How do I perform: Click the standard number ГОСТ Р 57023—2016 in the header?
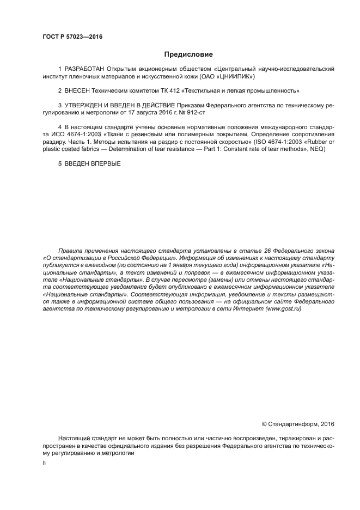point(72,37)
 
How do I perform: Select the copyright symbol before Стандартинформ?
point(265,423)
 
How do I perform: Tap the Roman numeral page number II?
point(44,463)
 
